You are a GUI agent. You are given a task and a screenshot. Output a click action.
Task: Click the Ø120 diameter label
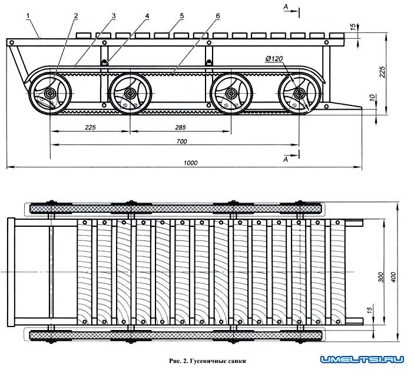(275, 60)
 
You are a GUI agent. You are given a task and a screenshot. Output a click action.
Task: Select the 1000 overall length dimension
(190, 163)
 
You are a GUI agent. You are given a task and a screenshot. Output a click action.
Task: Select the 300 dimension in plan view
(381, 277)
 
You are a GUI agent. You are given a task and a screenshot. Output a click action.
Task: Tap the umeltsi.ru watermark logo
(360, 359)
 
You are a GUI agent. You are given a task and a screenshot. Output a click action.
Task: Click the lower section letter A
(285, 159)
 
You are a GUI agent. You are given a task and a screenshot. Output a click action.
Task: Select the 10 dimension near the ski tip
(371, 96)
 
